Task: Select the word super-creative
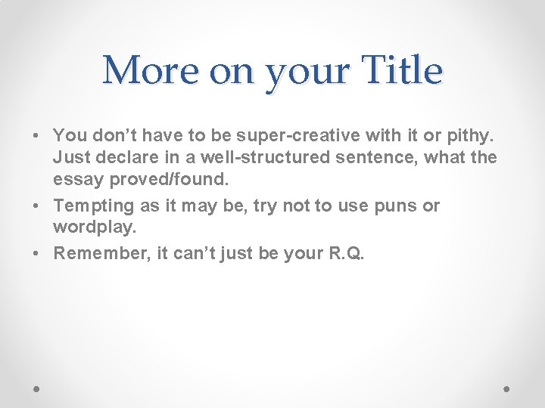(285, 135)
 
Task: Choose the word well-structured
(260, 157)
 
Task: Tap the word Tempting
(88, 206)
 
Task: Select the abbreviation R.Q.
(345, 253)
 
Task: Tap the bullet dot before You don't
(36, 136)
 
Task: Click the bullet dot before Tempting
(36, 206)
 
